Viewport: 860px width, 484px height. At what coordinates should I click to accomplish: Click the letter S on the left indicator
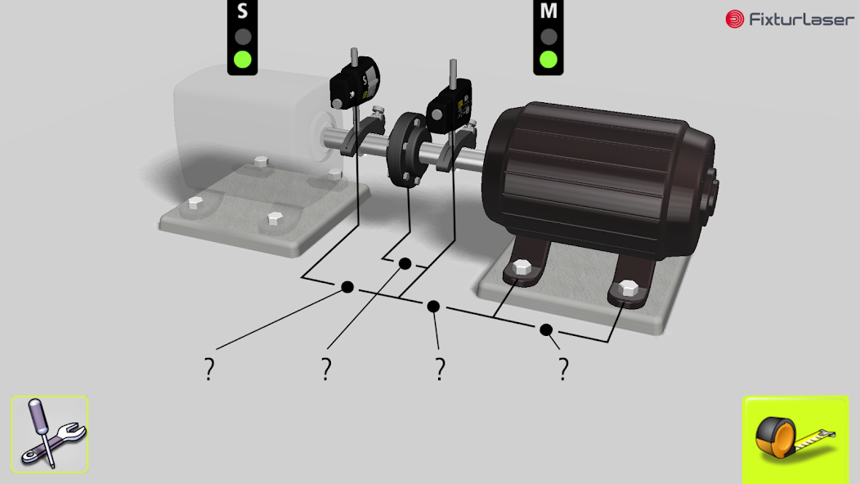(242, 11)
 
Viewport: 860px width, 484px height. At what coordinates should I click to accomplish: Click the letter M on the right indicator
(549, 11)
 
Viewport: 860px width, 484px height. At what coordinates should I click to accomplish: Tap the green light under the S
(242, 59)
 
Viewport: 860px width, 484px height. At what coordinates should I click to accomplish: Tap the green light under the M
(549, 59)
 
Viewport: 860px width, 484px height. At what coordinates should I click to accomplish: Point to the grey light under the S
(242, 36)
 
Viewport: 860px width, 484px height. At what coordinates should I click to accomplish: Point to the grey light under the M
(549, 36)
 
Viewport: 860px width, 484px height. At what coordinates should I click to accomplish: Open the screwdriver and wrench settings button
(49, 434)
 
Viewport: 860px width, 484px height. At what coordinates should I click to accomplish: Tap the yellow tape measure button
(795, 439)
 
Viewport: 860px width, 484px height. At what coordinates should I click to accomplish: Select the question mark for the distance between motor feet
(563, 370)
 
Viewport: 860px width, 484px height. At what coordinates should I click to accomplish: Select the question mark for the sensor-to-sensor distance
(209, 370)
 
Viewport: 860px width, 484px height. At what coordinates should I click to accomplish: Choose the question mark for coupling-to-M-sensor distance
(326, 370)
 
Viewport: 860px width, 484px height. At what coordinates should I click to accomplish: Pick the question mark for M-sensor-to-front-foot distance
(440, 370)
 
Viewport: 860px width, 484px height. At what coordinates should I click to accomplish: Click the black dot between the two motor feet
(546, 329)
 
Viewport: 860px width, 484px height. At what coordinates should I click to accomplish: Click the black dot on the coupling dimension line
(405, 262)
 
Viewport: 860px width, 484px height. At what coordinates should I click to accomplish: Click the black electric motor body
(601, 176)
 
